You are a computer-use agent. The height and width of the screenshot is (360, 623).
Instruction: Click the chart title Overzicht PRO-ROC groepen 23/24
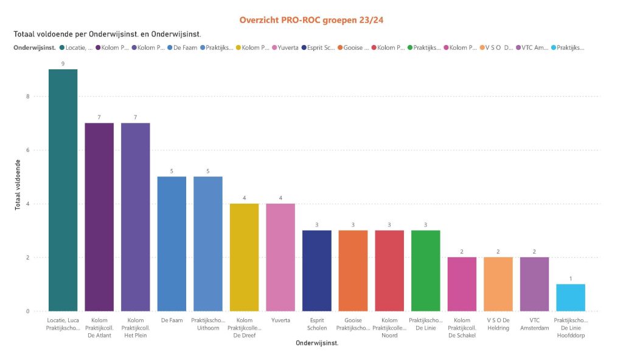pyautogui.click(x=311, y=20)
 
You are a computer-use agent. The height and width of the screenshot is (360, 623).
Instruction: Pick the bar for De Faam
pyautogui.click(x=172, y=243)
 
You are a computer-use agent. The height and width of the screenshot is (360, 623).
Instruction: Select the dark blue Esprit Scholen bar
pyautogui.click(x=317, y=271)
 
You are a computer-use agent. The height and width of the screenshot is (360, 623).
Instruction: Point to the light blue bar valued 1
pyautogui.click(x=571, y=297)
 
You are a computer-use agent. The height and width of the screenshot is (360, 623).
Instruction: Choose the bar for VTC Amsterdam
pyautogui.click(x=534, y=284)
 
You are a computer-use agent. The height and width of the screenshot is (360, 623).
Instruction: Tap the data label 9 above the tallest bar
pyautogui.click(x=63, y=63)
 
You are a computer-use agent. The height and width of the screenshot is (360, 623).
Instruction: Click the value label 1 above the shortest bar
pyautogui.click(x=571, y=279)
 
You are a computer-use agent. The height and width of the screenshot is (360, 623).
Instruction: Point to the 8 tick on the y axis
pyautogui.click(x=28, y=96)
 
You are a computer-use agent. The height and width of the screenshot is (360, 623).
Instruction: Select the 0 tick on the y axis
pyautogui.click(x=28, y=311)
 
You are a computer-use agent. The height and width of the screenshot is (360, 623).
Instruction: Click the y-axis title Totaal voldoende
pyautogui.click(x=18, y=185)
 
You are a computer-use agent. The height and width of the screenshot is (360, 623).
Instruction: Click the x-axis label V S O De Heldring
pyautogui.click(x=498, y=324)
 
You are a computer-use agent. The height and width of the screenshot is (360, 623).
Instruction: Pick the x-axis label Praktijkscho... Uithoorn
pyautogui.click(x=208, y=324)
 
